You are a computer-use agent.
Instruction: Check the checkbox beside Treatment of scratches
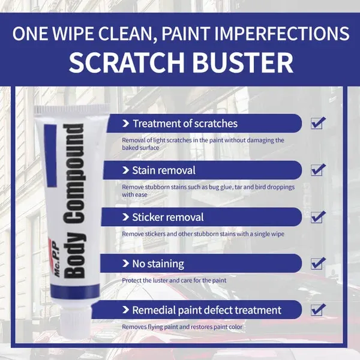(x=318, y=123)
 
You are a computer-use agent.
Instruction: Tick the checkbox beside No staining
(x=318, y=263)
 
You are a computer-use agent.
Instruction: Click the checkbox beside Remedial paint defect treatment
(x=318, y=310)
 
